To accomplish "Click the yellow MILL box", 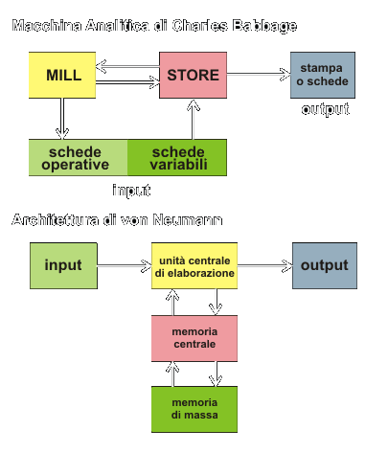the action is coord(62,75).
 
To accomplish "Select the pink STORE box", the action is coord(194,75).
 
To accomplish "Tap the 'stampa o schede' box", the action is coord(323,75).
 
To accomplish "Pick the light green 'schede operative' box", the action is coord(79,157).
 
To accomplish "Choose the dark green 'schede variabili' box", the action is coord(177,157).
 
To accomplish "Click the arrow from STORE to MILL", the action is coord(127,67).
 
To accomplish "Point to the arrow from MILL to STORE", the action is coord(127,82).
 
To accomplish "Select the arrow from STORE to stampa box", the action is coord(259,74).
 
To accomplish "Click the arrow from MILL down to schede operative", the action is coord(62,119).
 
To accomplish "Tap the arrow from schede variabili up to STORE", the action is coord(193,119).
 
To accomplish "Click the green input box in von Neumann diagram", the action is coord(63,265).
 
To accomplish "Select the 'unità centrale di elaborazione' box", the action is coord(194,265).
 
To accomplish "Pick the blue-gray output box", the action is coord(325,265).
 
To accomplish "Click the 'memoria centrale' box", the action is coord(194,338).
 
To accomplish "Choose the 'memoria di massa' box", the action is coord(194,409).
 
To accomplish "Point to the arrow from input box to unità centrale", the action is coord(125,265).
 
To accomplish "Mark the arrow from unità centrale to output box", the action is coord(265,265).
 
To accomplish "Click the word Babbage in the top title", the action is coord(264,26).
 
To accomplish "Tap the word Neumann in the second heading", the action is coord(188,220).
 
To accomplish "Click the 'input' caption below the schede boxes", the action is coord(131,191).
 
